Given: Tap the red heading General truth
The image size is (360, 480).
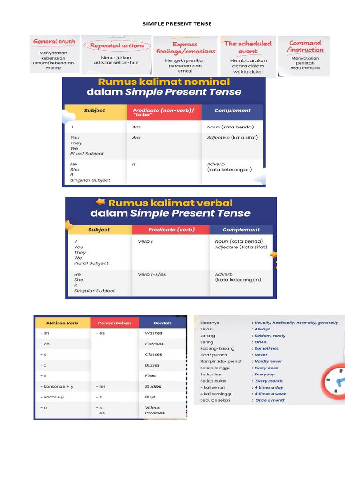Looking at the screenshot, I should click(54, 41).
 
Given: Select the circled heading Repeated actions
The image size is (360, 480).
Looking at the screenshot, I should click(117, 46).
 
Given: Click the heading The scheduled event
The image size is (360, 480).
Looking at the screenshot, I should click(247, 47).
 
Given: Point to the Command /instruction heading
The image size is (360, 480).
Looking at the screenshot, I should click(305, 46).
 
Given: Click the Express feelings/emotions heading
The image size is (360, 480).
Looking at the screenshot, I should click(186, 48).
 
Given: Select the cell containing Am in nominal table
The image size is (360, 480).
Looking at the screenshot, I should click(136, 127).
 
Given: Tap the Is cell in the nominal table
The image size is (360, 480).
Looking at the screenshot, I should click(134, 164).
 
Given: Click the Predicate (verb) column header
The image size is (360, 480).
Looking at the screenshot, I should click(170, 230).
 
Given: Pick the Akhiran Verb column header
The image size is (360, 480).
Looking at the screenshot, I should click(62, 323).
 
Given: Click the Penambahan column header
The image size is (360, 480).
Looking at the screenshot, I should click(114, 323).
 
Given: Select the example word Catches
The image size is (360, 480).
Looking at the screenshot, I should click(154, 344).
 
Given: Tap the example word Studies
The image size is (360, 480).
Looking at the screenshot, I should click(153, 387).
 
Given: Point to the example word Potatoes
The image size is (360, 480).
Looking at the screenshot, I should click(155, 413).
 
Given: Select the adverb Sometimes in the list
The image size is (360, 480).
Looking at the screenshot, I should click(267, 349).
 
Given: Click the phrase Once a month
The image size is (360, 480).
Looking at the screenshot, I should click(270, 400).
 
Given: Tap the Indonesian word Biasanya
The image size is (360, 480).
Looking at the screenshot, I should click(210, 323).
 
